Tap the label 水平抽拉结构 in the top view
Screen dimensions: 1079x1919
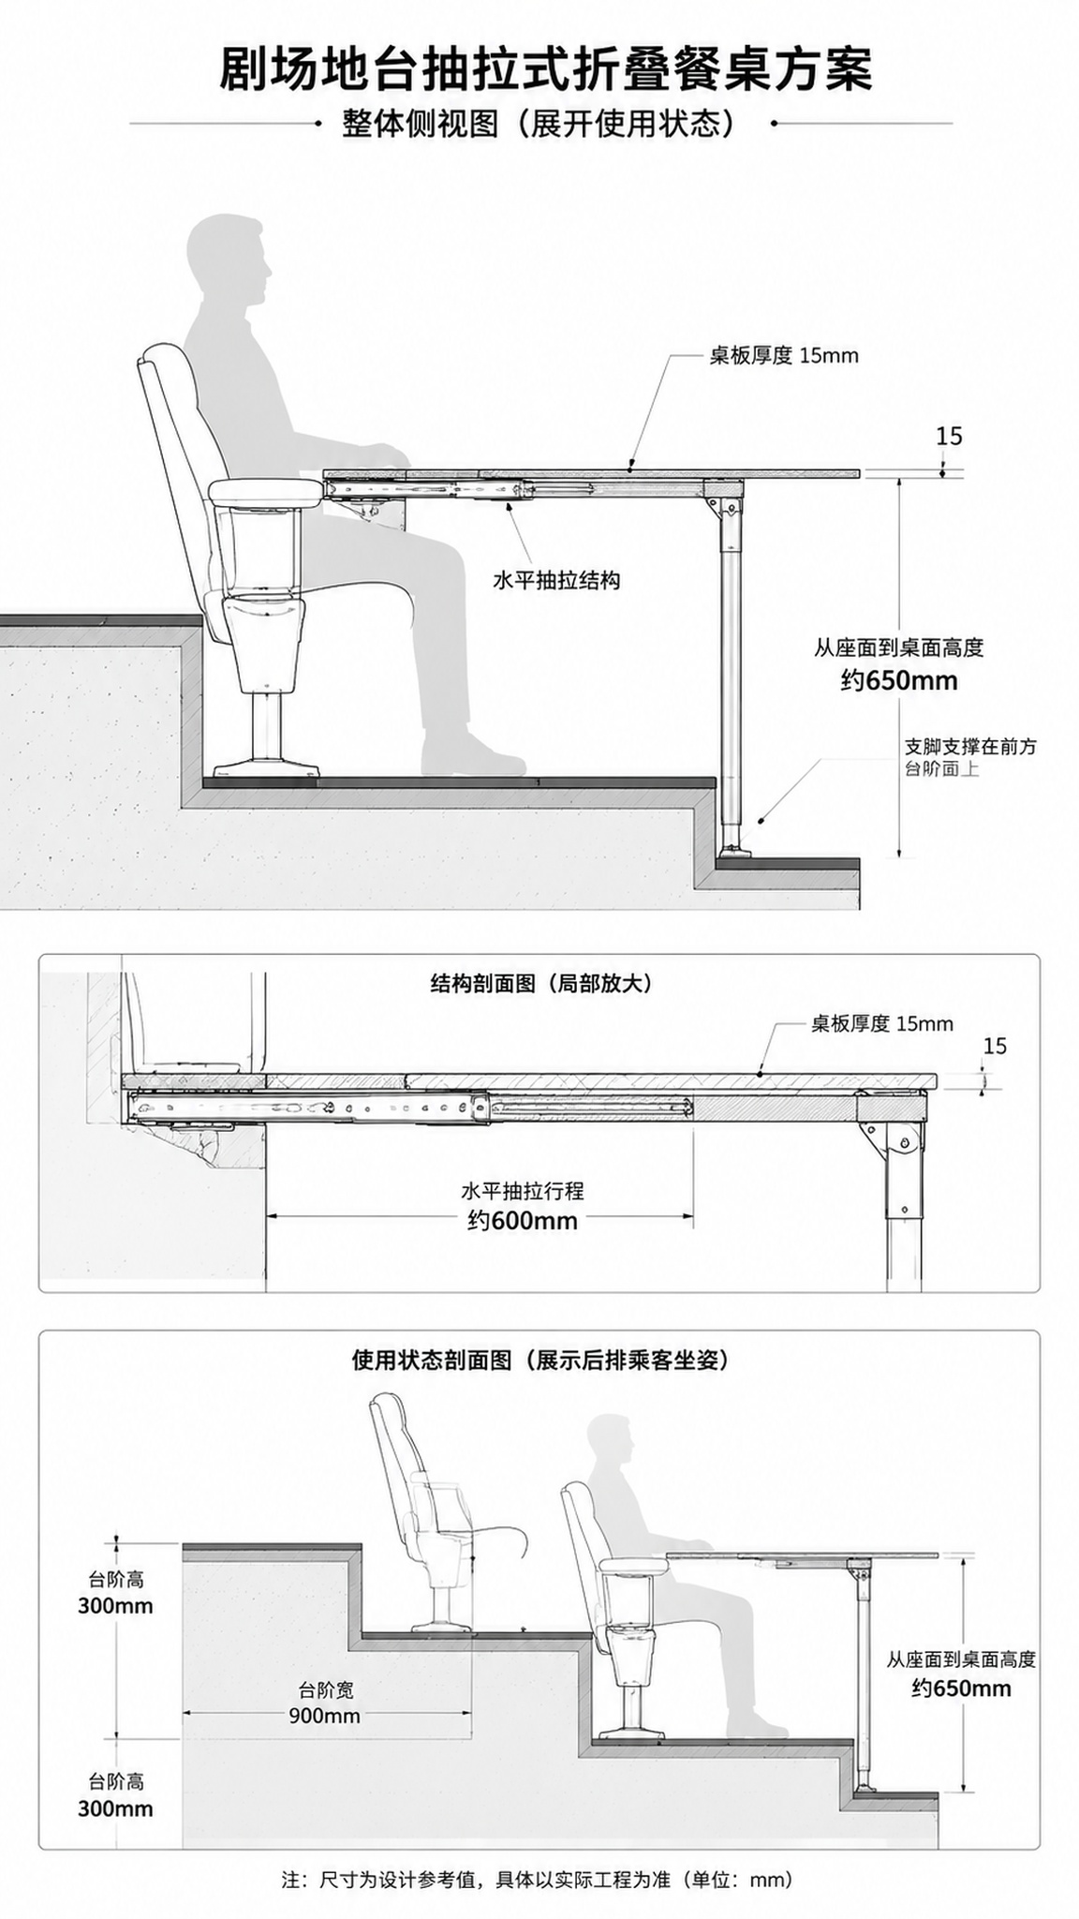coord(556,581)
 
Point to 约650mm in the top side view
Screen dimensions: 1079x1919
coord(899,680)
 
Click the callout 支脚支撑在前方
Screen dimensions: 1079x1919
coord(969,747)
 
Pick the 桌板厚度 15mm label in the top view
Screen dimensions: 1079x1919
coord(784,355)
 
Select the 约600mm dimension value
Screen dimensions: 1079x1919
coord(523,1220)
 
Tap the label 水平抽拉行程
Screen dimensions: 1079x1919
coord(523,1191)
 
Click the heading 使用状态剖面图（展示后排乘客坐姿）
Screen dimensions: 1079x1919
coord(539,1360)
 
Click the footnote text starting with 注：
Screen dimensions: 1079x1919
coord(539,1879)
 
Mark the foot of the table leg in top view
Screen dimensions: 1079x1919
coord(733,852)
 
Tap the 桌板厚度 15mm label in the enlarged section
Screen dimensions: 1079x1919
coord(881,1023)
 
